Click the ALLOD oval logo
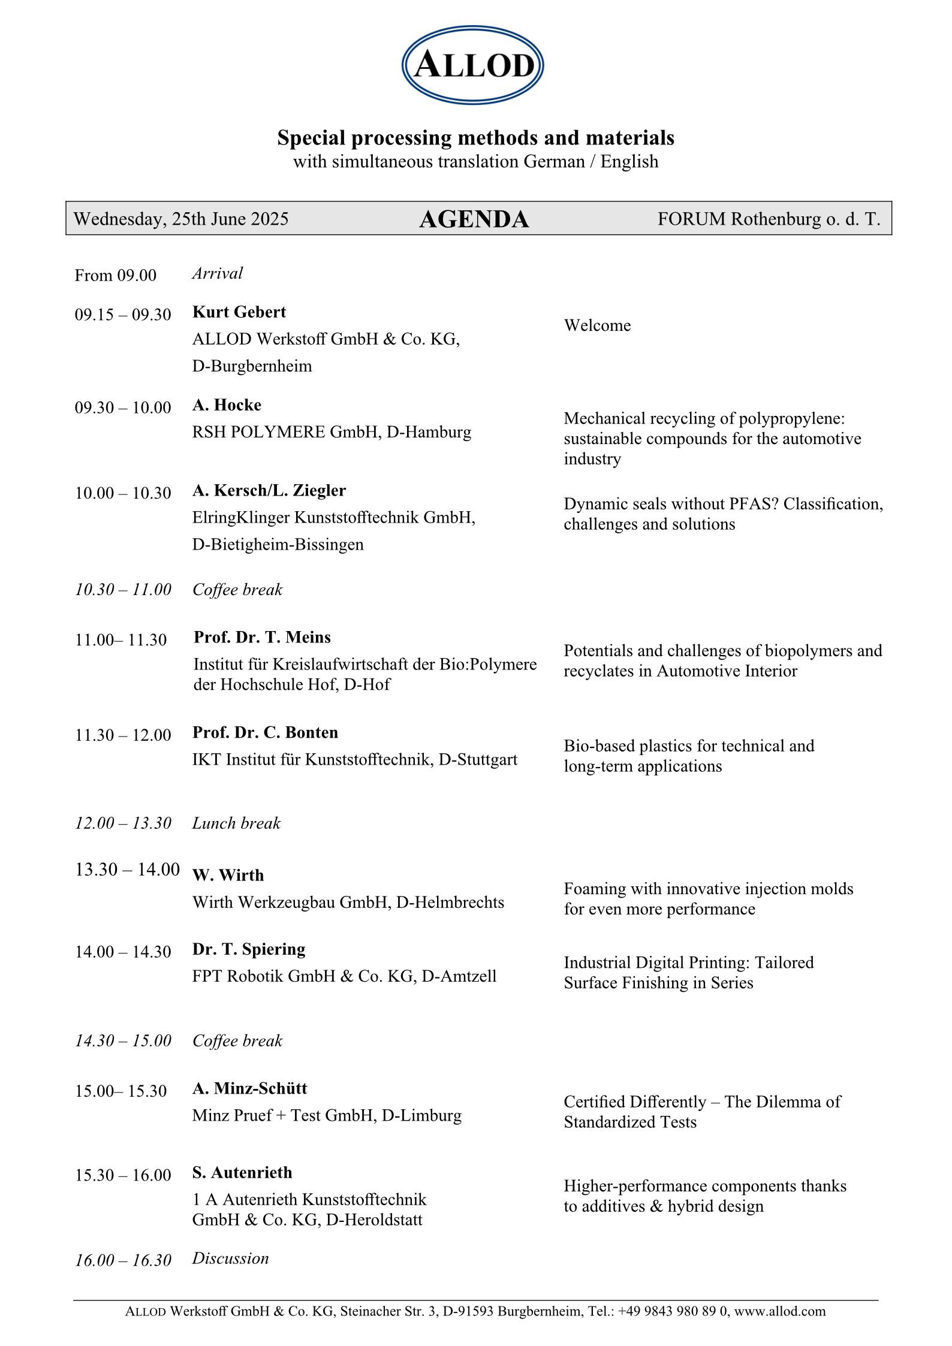472,65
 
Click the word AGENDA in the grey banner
474,219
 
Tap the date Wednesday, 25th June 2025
180,219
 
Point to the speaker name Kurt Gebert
239,312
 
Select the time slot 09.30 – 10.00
123,408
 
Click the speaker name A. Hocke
227,405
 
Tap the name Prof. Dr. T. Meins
262,637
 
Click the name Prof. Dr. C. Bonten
265,732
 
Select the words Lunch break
236,823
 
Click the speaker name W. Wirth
228,875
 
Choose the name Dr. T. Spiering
249,949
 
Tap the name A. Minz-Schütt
249,1088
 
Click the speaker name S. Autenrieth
242,1172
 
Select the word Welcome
597,325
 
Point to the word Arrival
217,273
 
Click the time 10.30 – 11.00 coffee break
123,590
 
